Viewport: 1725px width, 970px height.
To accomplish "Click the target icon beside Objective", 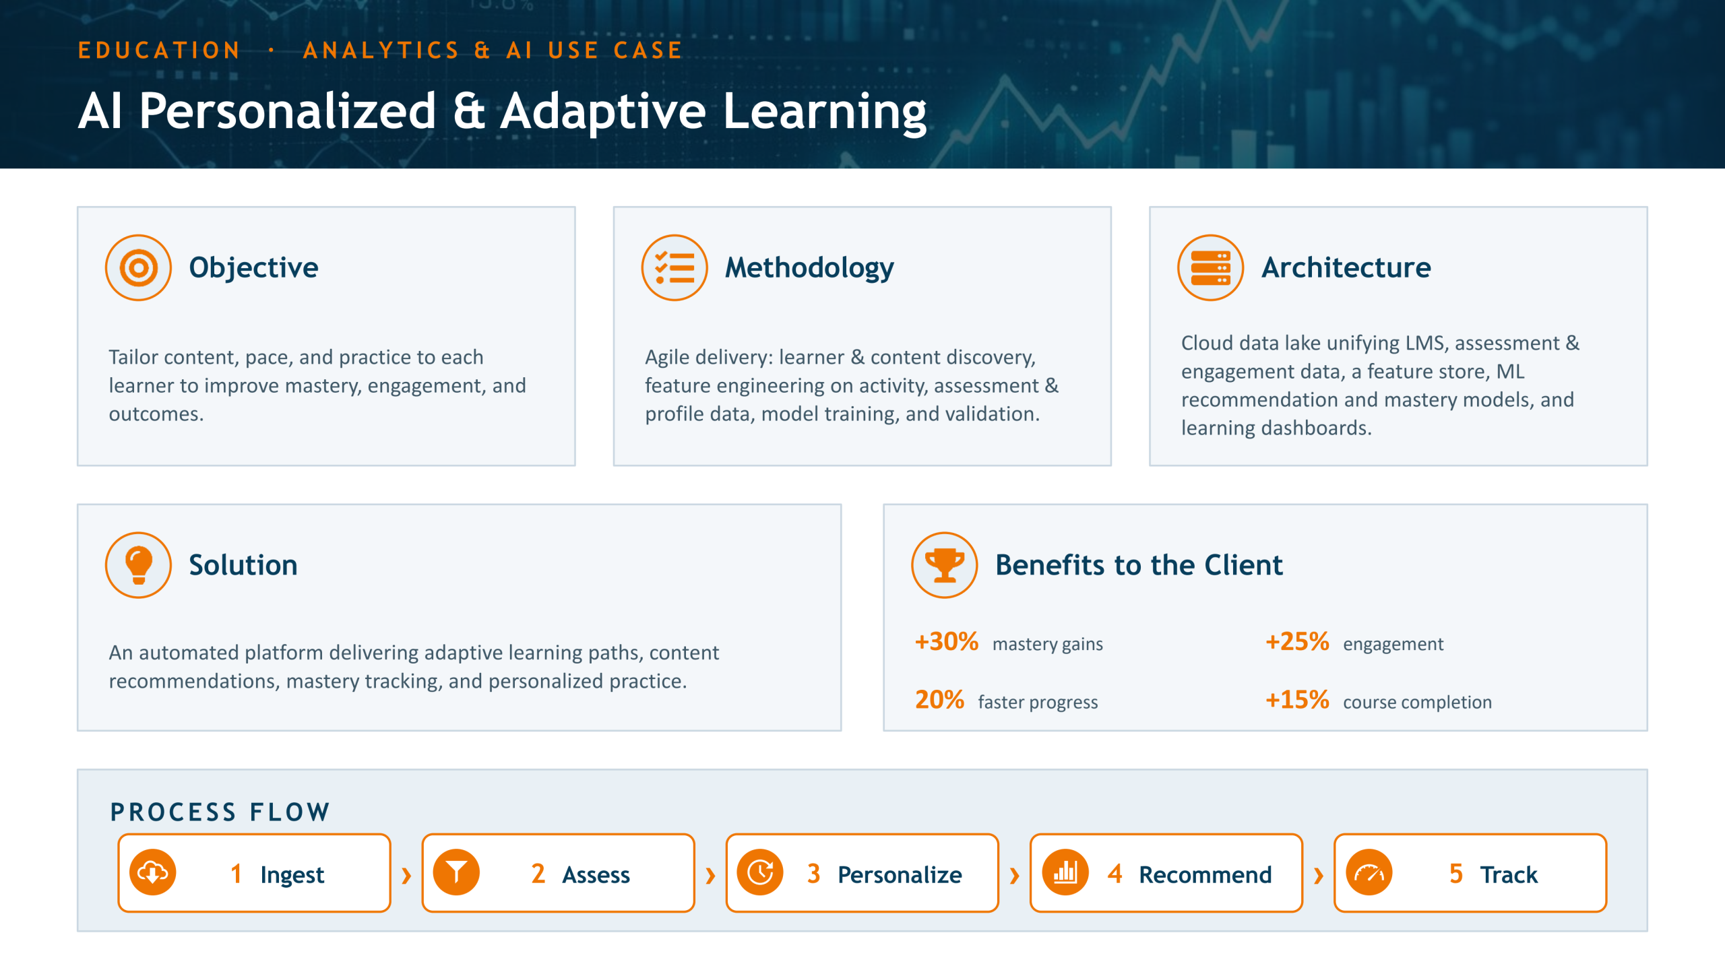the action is tap(138, 267).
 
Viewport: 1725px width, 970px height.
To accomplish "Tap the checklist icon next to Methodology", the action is tap(675, 267).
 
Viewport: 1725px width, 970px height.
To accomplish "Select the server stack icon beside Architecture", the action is tap(1211, 267).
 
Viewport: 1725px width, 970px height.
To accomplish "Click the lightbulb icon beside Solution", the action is tap(138, 565).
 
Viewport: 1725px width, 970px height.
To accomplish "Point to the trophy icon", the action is tap(945, 565).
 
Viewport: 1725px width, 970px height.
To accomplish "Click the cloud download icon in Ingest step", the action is tap(153, 873).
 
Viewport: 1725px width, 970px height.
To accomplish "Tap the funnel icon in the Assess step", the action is tap(457, 873).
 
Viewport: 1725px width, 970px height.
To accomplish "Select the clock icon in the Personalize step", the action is tap(761, 873).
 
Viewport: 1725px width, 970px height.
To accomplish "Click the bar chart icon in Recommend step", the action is tap(1065, 873).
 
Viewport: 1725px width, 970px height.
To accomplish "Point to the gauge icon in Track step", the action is tap(1369, 873).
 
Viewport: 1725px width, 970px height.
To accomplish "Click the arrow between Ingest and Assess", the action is tap(406, 876).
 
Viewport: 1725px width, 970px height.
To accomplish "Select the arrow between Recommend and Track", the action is tap(1319, 876).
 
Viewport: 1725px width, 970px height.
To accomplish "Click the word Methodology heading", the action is tap(809, 268).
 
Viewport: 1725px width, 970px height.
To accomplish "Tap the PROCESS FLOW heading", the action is tap(220, 812).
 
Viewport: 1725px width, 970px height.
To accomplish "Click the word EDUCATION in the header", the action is tap(159, 51).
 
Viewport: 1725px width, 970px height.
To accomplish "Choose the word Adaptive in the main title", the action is tap(602, 112).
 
